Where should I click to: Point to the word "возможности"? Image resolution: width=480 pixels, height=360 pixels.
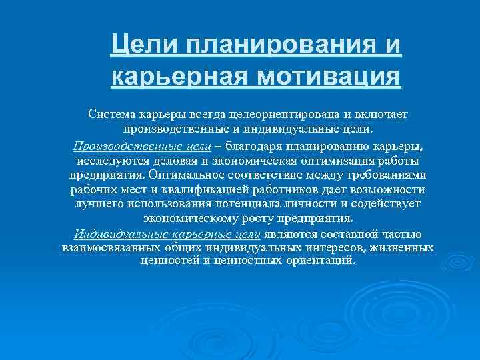pos(386,190)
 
